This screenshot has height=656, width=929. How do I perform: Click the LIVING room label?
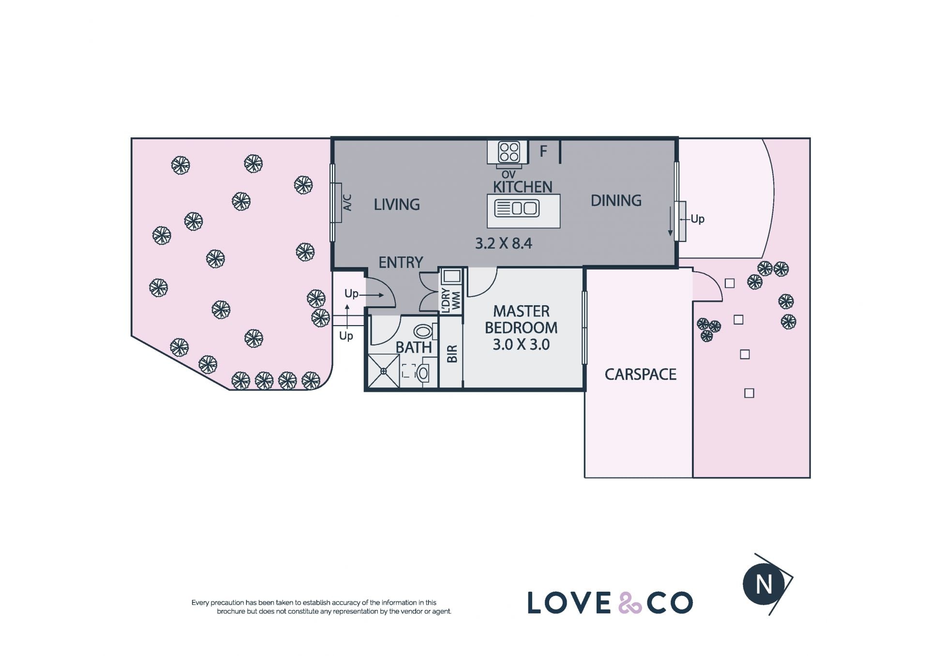coord(397,205)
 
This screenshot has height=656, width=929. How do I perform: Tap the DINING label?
coord(616,200)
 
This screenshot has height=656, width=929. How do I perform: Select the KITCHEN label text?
coord(523,187)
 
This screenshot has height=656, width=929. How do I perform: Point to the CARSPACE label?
coord(641,374)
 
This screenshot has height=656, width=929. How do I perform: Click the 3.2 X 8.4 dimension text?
coord(504,243)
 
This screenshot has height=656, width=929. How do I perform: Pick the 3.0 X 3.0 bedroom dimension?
coord(521,344)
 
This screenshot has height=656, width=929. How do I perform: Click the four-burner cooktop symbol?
coord(509,152)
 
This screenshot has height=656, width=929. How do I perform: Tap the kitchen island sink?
coord(517,208)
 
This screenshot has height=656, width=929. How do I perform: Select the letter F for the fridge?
coord(543,151)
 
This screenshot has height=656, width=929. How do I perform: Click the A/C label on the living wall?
coord(347,202)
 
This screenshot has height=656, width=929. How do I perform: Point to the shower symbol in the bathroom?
coord(383,371)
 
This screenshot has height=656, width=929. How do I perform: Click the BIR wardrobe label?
coord(452,354)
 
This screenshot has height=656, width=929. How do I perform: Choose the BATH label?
coord(414,347)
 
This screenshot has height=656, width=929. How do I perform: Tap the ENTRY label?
coord(401,263)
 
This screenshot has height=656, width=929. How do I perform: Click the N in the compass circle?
coord(764,584)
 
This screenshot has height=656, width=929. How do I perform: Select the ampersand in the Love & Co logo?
coord(630,602)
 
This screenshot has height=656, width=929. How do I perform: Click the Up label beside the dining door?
coord(697,219)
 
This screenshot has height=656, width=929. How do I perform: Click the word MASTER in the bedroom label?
coord(521,311)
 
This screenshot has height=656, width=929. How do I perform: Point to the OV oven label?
coord(509,175)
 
